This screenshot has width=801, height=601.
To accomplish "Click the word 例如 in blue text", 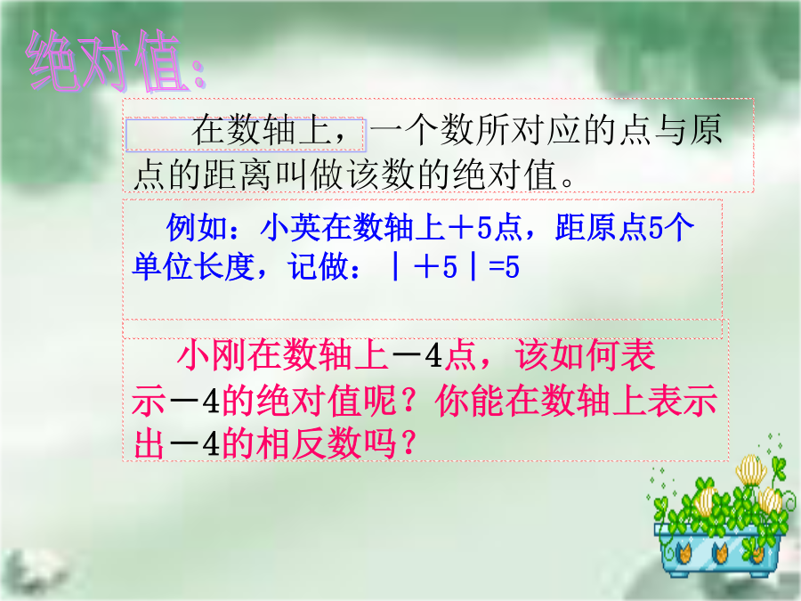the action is [197, 227].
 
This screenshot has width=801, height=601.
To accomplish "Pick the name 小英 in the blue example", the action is [291, 227].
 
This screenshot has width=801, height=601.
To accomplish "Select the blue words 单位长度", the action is [194, 266].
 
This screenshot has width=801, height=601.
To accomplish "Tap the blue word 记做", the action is [319, 266].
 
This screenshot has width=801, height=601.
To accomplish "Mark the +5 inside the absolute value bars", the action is [435, 267].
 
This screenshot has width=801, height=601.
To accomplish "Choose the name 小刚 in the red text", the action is [211, 355].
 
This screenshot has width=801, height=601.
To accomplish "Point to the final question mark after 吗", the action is [408, 443].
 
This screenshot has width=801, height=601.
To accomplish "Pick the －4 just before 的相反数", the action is [194, 443].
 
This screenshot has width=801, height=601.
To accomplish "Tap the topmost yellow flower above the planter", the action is [751, 470].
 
